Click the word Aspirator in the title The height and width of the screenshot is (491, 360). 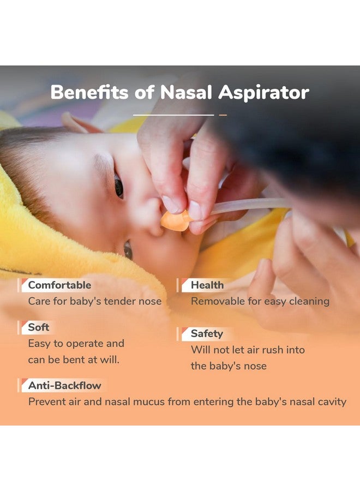click(x=263, y=93)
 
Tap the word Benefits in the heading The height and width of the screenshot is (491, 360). click(x=89, y=92)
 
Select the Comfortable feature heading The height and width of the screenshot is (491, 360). click(x=59, y=285)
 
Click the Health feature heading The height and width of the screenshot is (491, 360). click(x=207, y=285)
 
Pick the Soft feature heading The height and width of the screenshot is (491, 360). click(x=39, y=327)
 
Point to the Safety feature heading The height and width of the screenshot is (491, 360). click(x=207, y=334)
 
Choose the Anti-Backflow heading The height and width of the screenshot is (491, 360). click(x=65, y=386)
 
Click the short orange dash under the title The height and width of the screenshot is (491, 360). click(x=223, y=115)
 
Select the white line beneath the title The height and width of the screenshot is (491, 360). click(x=173, y=115)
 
